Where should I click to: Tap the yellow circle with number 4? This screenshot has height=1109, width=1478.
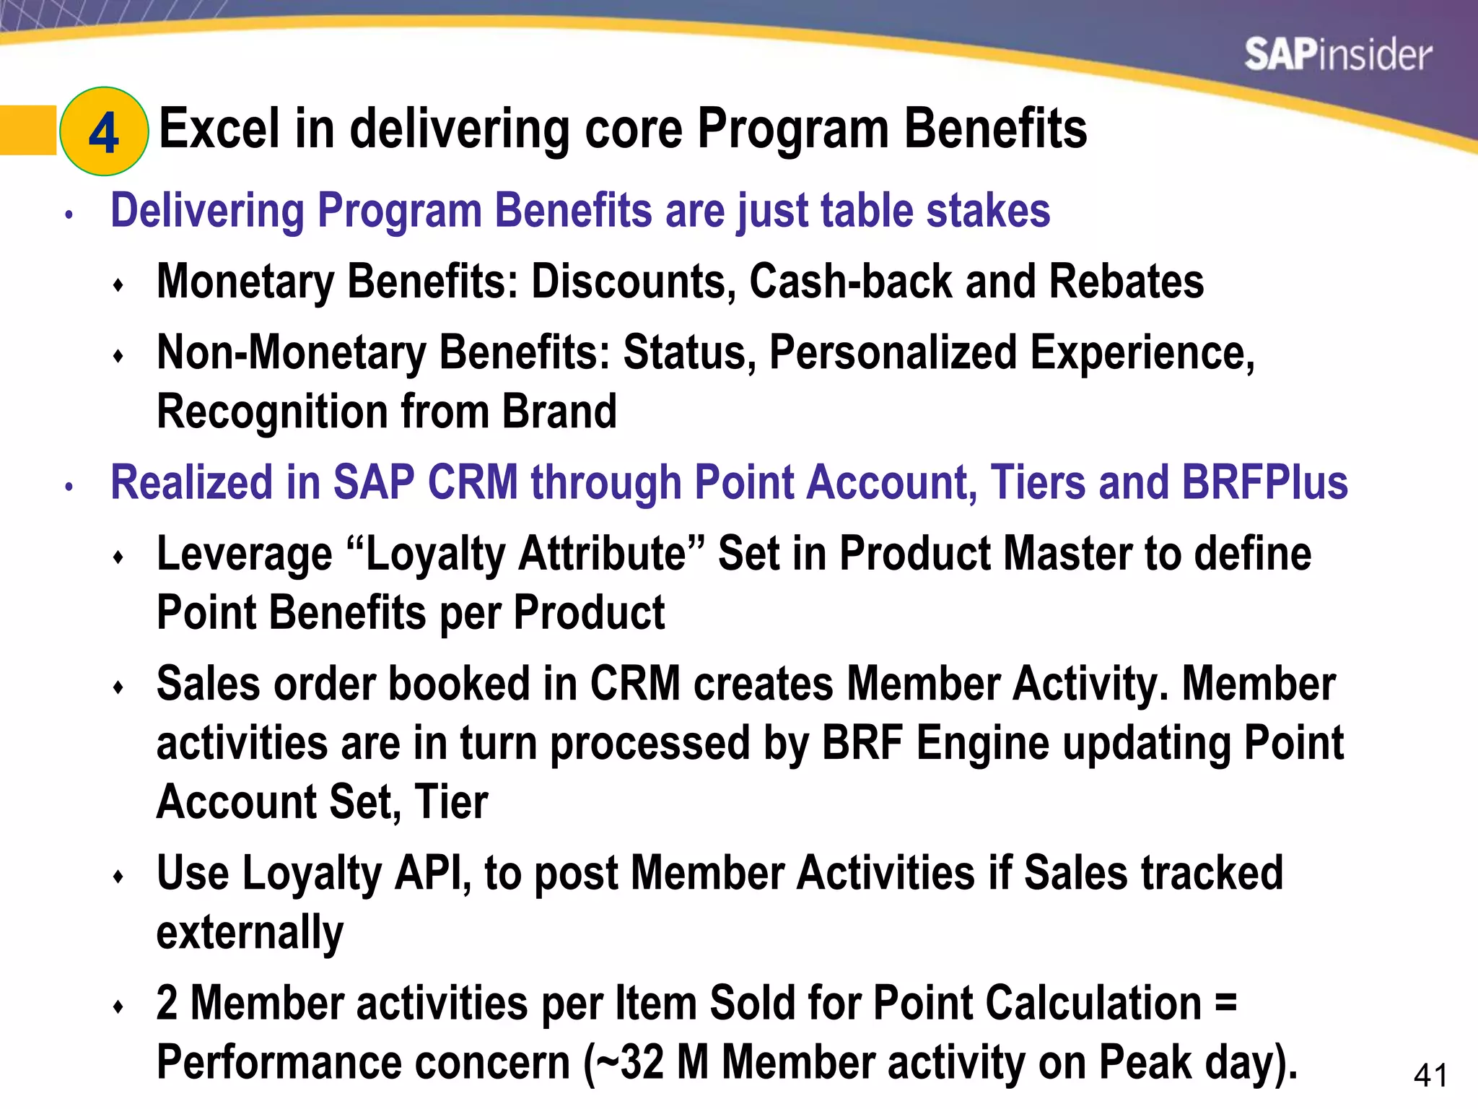104,131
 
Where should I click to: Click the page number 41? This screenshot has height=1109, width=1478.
1430,1076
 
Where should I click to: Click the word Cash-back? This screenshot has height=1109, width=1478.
850,281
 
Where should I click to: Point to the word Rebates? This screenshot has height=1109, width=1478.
1126,281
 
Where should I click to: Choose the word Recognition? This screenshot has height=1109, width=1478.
271,412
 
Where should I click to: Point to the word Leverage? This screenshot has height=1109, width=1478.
244,555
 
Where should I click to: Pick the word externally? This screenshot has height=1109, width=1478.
250,932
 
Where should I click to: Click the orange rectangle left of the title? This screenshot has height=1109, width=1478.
27,131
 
